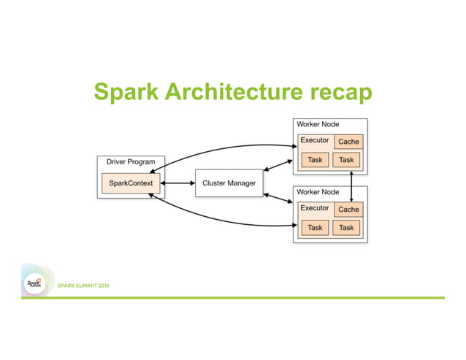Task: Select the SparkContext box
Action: pyautogui.click(x=130, y=183)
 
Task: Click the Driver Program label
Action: pyautogui.click(x=131, y=161)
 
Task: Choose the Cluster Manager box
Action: pyautogui.click(x=229, y=183)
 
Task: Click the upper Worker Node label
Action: pyautogui.click(x=318, y=124)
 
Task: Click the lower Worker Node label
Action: pyautogui.click(x=318, y=192)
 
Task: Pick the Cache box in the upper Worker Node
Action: pyautogui.click(x=348, y=142)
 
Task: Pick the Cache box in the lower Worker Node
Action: pyautogui.click(x=348, y=210)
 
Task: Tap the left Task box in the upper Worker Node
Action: pyautogui.click(x=315, y=160)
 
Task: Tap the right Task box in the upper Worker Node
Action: pyautogui.click(x=347, y=160)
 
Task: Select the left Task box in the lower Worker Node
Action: pyautogui.click(x=315, y=228)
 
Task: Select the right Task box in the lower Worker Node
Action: pyautogui.click(x=347, y=228)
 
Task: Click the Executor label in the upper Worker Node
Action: pyautogui.click(x=315, y=140)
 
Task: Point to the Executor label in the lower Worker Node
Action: pyautogui.click(x=315, y=208)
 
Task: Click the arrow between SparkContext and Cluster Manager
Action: pyautogui.click(x=177, y=183)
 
